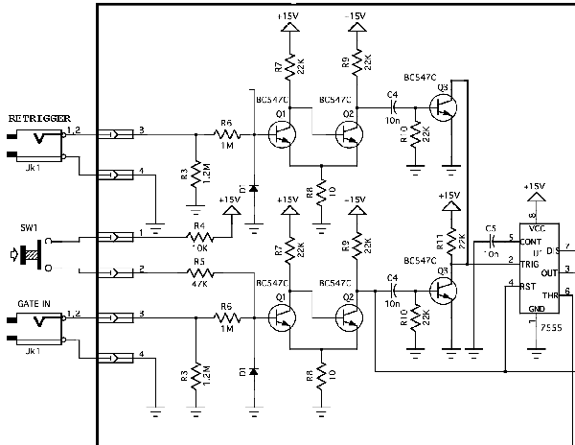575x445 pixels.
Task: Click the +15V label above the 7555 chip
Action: pos(535,186)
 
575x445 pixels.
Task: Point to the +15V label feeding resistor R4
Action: pos(229,200)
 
